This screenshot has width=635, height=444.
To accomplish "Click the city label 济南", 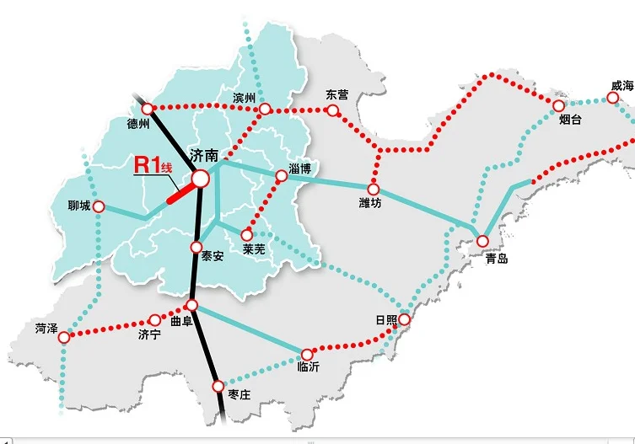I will click(204, 156).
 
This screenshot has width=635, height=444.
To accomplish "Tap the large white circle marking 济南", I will click(201, 179).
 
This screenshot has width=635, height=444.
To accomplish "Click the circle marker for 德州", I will click(148, 109).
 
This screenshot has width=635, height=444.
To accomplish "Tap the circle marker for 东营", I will click(333, 110).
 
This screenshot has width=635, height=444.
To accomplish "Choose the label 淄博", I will click(300, 168).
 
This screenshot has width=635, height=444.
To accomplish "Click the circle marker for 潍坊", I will click(373, 190).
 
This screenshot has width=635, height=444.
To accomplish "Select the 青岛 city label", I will click(497, 258).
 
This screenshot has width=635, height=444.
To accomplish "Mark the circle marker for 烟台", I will click(558, 105).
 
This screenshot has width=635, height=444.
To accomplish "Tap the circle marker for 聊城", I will click(99, 206).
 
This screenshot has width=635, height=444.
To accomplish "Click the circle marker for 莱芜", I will click(246, 235).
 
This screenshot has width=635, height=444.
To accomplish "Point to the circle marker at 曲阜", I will click(192, 305).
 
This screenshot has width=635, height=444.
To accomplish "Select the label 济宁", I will click(148, 334).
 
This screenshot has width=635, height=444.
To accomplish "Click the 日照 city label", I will click(385, 320).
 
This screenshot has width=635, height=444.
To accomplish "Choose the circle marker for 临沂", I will click(307, 350).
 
